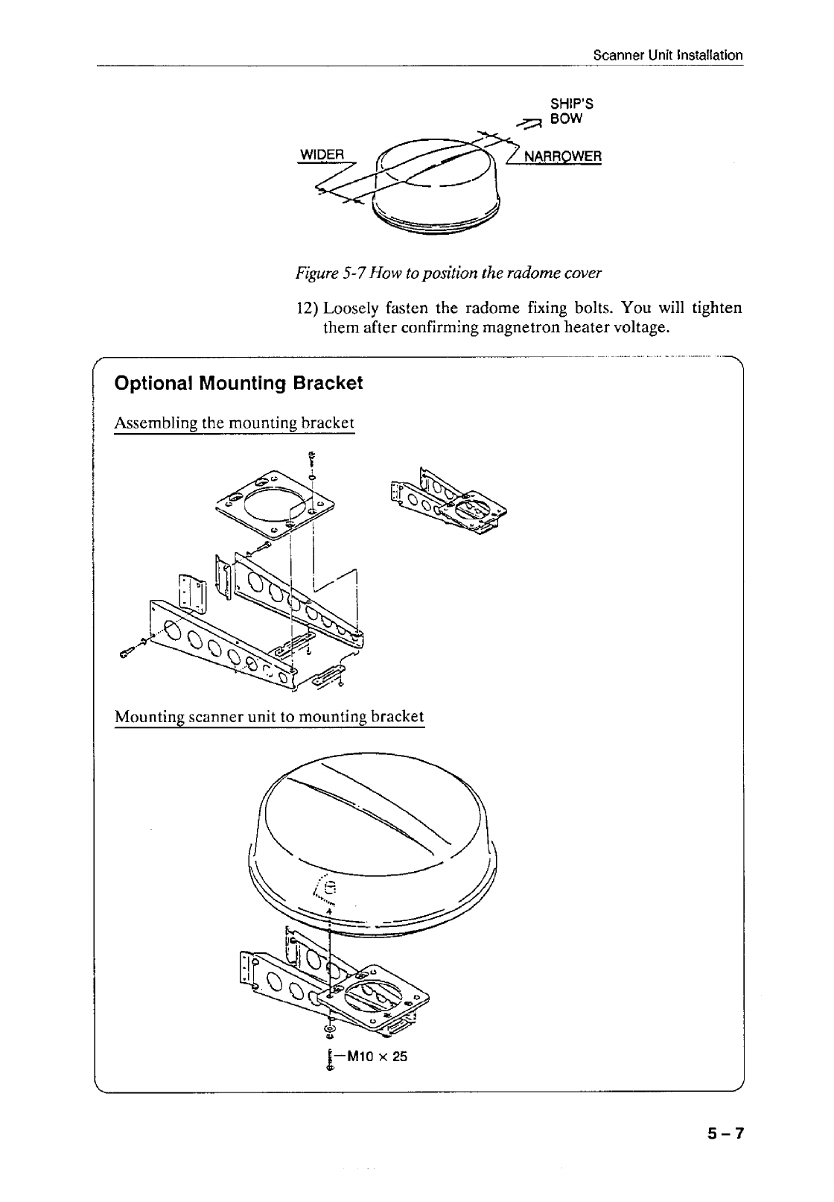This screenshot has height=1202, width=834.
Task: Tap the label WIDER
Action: coord(321,155)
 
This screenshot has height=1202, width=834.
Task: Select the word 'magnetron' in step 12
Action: coord(515,328)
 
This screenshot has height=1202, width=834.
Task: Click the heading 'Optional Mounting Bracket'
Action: coord(238,383)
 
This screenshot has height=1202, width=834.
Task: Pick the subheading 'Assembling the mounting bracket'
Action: coord(234,423)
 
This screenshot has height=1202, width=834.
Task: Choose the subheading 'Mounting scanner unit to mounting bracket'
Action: coord(269,717)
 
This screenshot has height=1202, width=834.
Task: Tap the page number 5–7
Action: coord(725,1133)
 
